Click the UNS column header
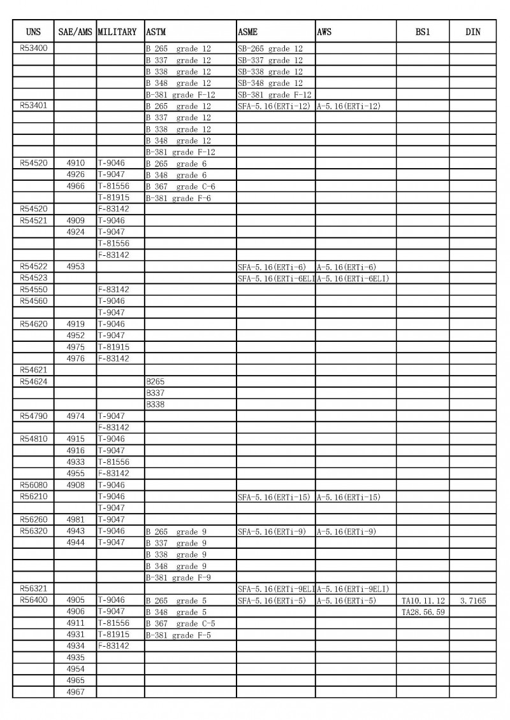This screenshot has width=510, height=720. point(33,32)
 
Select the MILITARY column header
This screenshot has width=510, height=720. point(117,32)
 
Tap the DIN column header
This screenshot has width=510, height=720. point(472,32)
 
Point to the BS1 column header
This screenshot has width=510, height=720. point(422,32)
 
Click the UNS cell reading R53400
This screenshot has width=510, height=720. point(33,48)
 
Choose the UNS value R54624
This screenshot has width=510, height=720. point(33,381)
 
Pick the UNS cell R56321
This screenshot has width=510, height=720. point(33,589)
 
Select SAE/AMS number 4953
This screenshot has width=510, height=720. point(75,267)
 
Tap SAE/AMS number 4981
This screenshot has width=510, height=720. point(75,519)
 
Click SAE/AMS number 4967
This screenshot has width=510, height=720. point(75,692)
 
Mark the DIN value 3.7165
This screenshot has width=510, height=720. point(472,600)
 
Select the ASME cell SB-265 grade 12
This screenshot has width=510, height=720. point(270,48)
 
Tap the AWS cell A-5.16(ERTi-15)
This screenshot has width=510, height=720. point(348,497)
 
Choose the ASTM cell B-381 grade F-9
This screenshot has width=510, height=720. point(178,577)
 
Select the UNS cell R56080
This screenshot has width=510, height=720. point(33,485)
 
